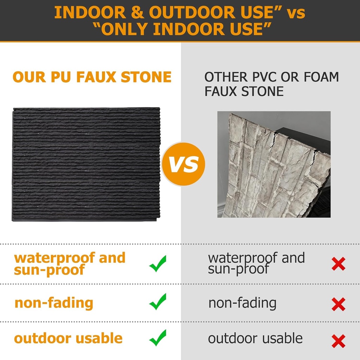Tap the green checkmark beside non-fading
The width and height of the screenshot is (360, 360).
coord(157,302)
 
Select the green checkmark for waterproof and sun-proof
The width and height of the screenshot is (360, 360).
coord(157,264)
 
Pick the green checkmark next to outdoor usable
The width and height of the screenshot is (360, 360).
coord(157,338)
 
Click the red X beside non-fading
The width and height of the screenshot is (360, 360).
coord(338,304)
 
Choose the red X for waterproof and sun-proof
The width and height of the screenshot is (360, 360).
coord(338,264)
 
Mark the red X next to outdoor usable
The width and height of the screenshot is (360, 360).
coord(338,341)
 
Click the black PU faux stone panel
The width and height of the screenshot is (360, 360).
coord(86,164)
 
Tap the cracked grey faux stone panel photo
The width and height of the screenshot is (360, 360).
coord(274,164)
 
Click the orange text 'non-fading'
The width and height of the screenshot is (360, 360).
coord(54,303)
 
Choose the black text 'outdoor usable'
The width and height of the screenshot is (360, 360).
coord(255,338)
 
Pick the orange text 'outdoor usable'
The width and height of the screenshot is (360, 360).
coord(68,338)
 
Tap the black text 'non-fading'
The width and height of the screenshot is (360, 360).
coord(243,303)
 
